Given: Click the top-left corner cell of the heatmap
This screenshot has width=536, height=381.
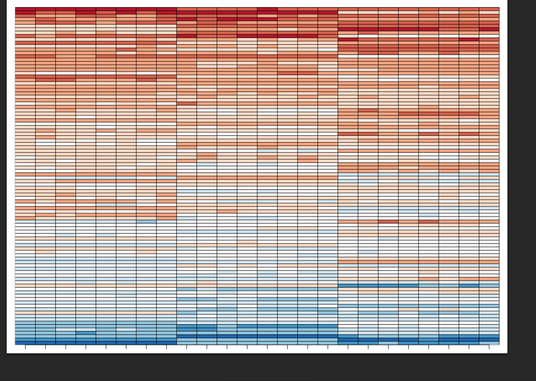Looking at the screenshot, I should tap(25, 9).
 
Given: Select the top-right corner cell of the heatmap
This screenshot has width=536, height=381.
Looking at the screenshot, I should tap(489, 9).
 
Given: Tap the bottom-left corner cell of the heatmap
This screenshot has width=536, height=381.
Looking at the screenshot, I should tap(25, 343).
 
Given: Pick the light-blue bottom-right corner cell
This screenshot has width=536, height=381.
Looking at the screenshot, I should tap(489, 343).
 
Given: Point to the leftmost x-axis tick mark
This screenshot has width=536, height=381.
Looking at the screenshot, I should tap(25, 347).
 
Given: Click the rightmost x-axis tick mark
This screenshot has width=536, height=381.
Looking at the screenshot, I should tap(489, 347).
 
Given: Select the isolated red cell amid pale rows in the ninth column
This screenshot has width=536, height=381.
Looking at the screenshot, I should tap(186, 103).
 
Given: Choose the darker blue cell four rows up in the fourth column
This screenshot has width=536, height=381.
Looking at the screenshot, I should tap(86, 333).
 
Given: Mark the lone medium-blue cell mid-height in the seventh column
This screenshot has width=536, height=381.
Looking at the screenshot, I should tap(146, 221).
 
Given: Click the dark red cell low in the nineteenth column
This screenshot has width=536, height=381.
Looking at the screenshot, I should tap(388, 221).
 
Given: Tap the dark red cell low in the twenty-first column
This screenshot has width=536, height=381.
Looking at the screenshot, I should tap(428, 221).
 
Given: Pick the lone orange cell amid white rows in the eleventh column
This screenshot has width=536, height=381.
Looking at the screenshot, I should tap(227, 211).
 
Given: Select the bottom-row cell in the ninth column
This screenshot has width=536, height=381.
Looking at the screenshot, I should tap(186, 343).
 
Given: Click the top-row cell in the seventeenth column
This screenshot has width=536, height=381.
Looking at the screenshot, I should tap(348, 9).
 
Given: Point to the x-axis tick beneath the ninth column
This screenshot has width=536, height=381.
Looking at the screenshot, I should tap(186, 347).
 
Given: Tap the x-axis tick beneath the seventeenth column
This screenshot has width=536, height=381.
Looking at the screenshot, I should tap(348, 347).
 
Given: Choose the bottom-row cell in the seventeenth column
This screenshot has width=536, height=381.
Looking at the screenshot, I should tap(348, 343).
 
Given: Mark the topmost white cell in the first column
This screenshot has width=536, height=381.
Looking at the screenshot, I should tap(25, 103).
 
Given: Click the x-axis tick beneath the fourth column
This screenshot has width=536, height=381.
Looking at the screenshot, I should tap(86, 347).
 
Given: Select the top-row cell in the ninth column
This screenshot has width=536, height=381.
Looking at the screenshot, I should tap(186, 9).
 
